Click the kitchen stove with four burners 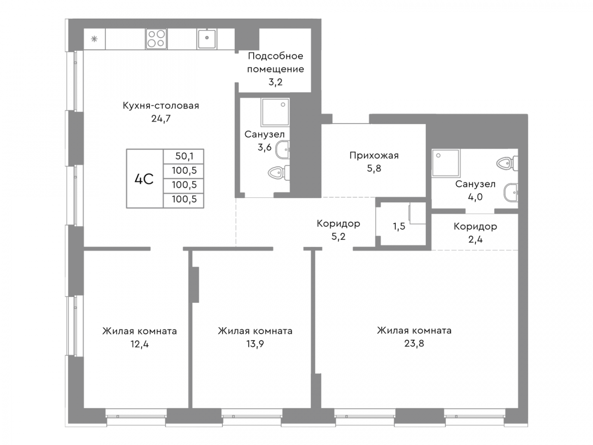click(x=156, y=39)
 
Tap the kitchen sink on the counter click(x=206, y=39)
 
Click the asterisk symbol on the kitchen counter click(x=94, y=39)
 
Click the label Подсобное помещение click(x=275, y=62)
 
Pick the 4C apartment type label click(x=143, y=178)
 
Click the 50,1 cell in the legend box click(x=183, y=156)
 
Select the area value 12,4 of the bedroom click(x=139, y=344)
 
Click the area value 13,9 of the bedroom click(x=254, y=344)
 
